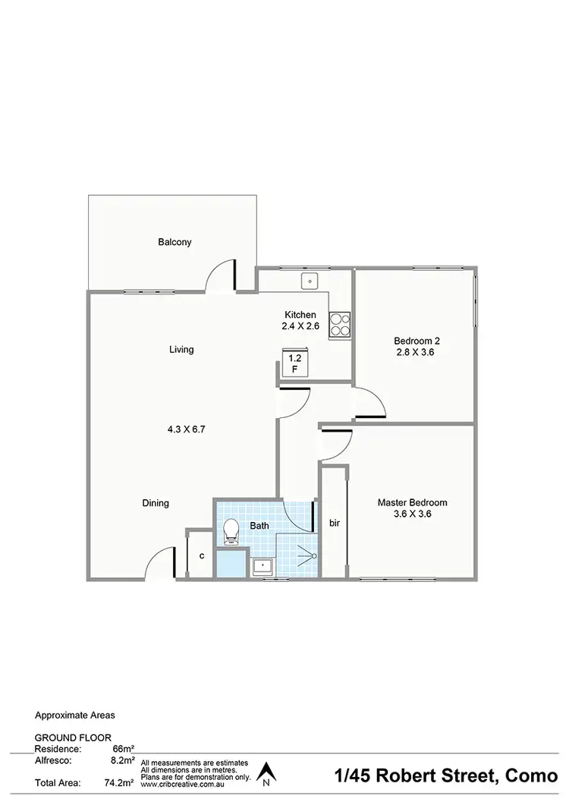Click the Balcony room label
[x=174, y=243]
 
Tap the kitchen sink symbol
[x=309, y=281]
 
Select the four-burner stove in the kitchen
[x=340, y=325]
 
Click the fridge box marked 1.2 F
[x=294, y=363]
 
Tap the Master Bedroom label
[x=412, y=502]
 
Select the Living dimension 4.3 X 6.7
[x=187, y=429]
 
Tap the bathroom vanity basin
[x=262, y=565]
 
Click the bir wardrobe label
[x=334, y=524]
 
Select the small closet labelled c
[x=201, y=555]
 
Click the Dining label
[x=156, y=503]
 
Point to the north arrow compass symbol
[x=266, y=773]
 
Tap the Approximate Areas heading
[x=75, y=715]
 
